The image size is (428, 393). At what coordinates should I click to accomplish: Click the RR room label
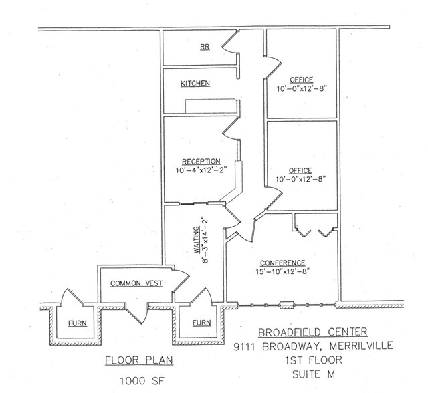click(205, 47)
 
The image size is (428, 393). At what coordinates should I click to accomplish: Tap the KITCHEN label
click(195, 84)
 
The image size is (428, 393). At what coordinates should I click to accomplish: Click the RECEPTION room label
click(199, 162)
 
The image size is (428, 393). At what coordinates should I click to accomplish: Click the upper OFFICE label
click(301, 80)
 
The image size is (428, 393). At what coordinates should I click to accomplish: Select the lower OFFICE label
click(301, 170)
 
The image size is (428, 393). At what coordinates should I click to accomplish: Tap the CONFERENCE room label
click(284, 263)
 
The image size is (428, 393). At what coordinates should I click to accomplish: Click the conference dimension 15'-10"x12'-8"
click(284, 272)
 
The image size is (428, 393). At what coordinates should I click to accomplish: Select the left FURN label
click(75, 323)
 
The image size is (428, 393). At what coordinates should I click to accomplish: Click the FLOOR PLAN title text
click(139, 361)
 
